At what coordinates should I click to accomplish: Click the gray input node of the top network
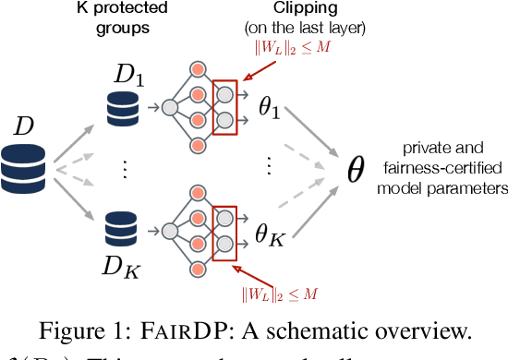click(169, 107)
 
